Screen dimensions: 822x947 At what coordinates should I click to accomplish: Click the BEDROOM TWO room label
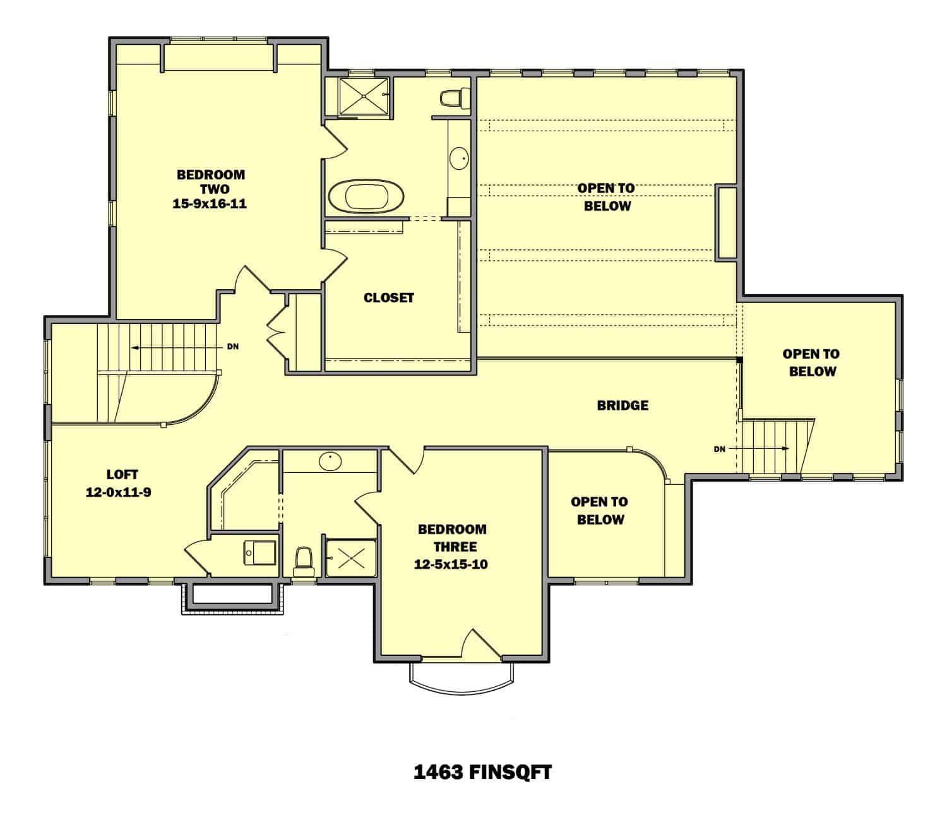click(210, 182)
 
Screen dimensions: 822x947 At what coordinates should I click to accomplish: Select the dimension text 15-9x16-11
click(210, 205)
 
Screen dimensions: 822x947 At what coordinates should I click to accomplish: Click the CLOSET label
click(389, 297)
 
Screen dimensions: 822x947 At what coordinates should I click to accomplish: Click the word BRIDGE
click(622, 405)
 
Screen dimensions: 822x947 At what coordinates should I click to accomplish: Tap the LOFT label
click(122, 474)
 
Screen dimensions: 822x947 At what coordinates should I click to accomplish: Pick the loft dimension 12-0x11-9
click(118, 492)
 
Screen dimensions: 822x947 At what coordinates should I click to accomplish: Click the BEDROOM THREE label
click(452, 538)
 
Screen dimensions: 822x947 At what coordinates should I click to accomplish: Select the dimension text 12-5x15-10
click(451, 564)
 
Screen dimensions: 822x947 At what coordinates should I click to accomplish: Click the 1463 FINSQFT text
click(482, 772)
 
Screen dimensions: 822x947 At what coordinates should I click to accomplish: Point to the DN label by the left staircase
click(233, 347)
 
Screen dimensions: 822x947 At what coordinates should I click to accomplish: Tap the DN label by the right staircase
click(720, 449)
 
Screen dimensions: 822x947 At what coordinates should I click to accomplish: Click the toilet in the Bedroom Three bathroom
click(304, 560)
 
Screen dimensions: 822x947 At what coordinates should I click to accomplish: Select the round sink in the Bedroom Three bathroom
click(329, 462)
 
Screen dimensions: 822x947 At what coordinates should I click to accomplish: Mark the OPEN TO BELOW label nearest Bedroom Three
click(599, 511)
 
